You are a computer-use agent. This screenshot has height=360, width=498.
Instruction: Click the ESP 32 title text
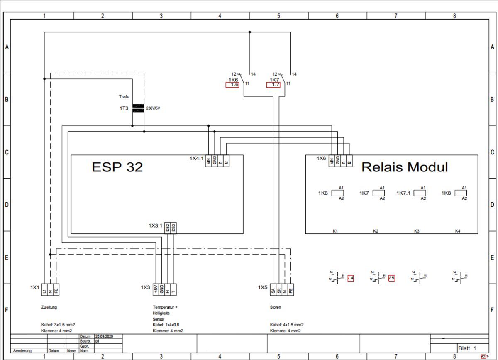(117, 167)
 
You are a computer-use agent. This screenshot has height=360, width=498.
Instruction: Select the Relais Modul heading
(405, 167)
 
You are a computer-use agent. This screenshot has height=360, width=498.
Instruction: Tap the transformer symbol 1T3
(138, 108)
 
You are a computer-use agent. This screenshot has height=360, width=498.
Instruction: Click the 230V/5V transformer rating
(153, 108)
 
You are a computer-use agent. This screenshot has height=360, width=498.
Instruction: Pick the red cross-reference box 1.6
(232, 85)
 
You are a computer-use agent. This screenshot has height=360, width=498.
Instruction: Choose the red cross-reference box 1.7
(273, 85)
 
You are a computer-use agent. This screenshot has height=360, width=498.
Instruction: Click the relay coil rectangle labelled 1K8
(461, 193)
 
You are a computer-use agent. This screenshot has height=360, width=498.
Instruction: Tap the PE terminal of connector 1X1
(56, 289)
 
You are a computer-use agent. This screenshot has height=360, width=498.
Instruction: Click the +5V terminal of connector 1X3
(156, 289)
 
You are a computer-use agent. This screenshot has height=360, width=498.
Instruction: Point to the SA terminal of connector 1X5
(273, 289)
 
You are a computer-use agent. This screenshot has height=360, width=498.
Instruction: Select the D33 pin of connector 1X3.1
(173, 228)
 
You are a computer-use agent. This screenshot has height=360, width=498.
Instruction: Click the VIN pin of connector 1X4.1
(209, 160)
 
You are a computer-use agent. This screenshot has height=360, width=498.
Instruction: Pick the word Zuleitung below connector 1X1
(49, 308)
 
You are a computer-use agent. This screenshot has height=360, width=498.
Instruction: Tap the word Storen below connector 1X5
(276, 308)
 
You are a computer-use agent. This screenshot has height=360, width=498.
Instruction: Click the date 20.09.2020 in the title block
(104, 336)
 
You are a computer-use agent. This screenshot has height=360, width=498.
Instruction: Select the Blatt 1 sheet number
(467, 348)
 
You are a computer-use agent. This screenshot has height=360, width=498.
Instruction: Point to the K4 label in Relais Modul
(458, 231)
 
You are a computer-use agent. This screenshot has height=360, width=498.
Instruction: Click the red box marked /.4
(351, 278)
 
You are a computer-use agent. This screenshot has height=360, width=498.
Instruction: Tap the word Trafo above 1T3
(124, 96)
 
